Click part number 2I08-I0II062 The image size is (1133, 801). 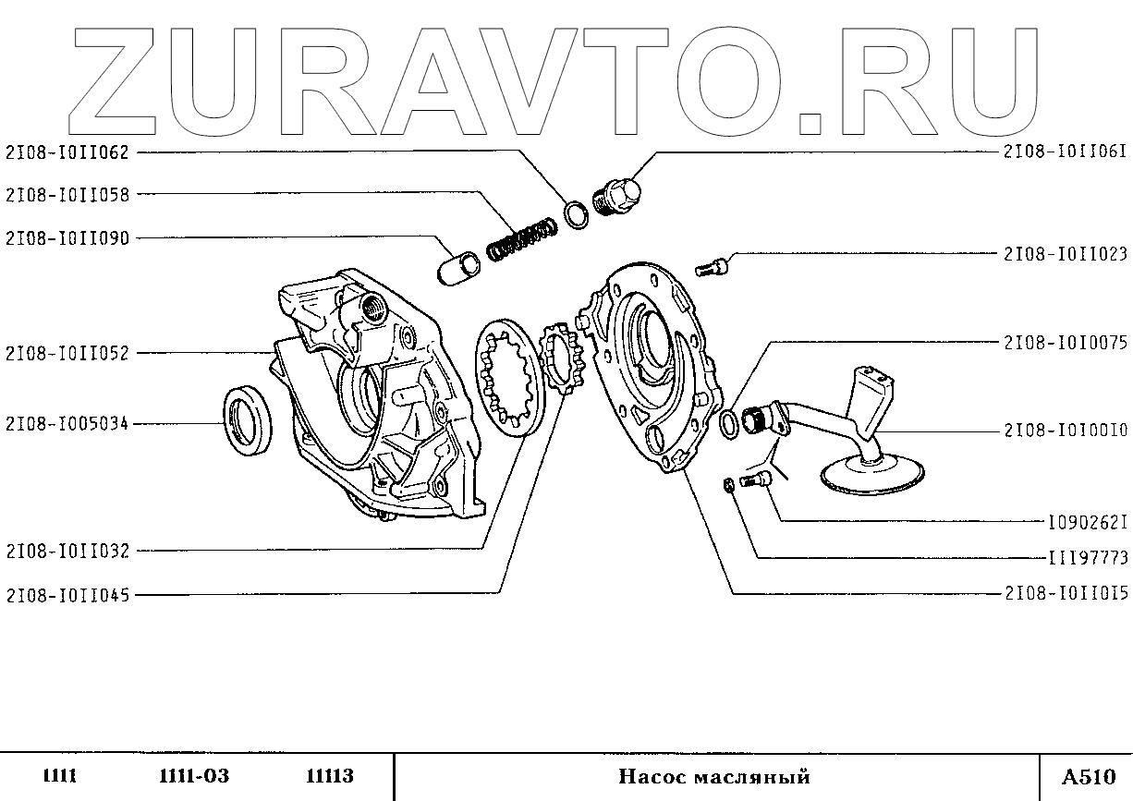(x=67, y=152)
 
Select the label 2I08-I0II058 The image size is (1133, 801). (x=67, y=195)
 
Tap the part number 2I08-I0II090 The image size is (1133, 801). (x=67, y=238)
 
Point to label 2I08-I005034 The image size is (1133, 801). (x=67, y=425)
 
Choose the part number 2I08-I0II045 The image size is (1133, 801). (x=67, y=596)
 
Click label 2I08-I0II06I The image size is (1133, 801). (x=1066, y=152)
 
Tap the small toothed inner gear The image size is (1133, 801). (x=562, y=359)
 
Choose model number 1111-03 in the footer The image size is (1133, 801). (x=188, y=777)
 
